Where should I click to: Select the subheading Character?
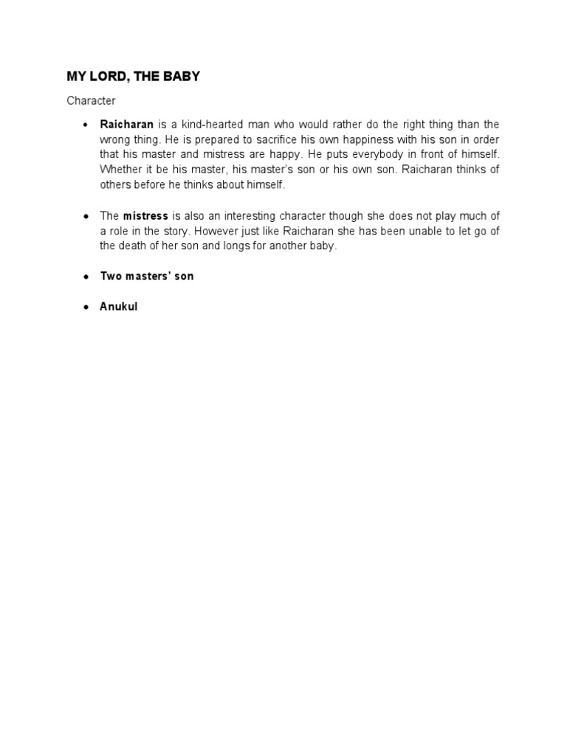(91, 100)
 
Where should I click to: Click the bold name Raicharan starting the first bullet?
(126, 125)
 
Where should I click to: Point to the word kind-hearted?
(219, 125)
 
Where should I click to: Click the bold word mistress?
(145, 215)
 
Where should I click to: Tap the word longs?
(236, 246)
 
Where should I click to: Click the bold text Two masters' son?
(147, 276)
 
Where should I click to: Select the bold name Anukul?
(119, 307)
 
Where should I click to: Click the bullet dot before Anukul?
(86, 307)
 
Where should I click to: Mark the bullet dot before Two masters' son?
(86, 276)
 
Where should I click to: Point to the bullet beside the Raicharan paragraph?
(86, 125)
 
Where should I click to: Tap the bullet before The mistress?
(86, 215)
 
